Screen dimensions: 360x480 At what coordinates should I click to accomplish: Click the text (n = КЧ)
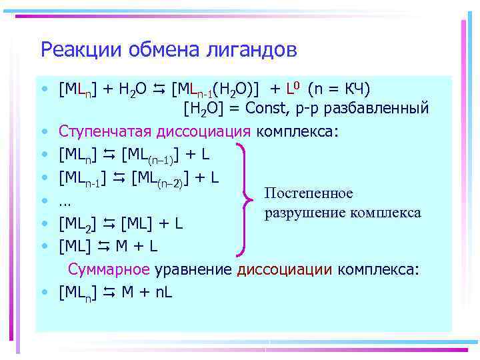tap(339, 89)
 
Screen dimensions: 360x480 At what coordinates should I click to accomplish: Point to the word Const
tap(269, 108)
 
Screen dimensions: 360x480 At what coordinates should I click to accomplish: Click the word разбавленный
tap(381, 108)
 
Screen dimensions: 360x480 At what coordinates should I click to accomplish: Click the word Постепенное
tap(308, 193)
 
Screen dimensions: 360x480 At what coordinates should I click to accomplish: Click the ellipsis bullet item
tap(65, 201)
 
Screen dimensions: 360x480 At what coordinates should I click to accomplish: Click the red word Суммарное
tap(109, 269)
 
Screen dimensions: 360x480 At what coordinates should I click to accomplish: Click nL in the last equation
tap(163, 291)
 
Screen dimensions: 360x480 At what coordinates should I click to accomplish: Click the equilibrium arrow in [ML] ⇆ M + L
tap(105, 246)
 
